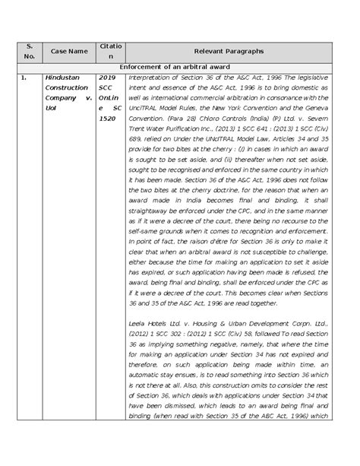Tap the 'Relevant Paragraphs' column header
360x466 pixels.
pos(228,50)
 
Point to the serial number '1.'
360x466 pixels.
pos(24,78)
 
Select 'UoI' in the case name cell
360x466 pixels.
pos(52,121)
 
